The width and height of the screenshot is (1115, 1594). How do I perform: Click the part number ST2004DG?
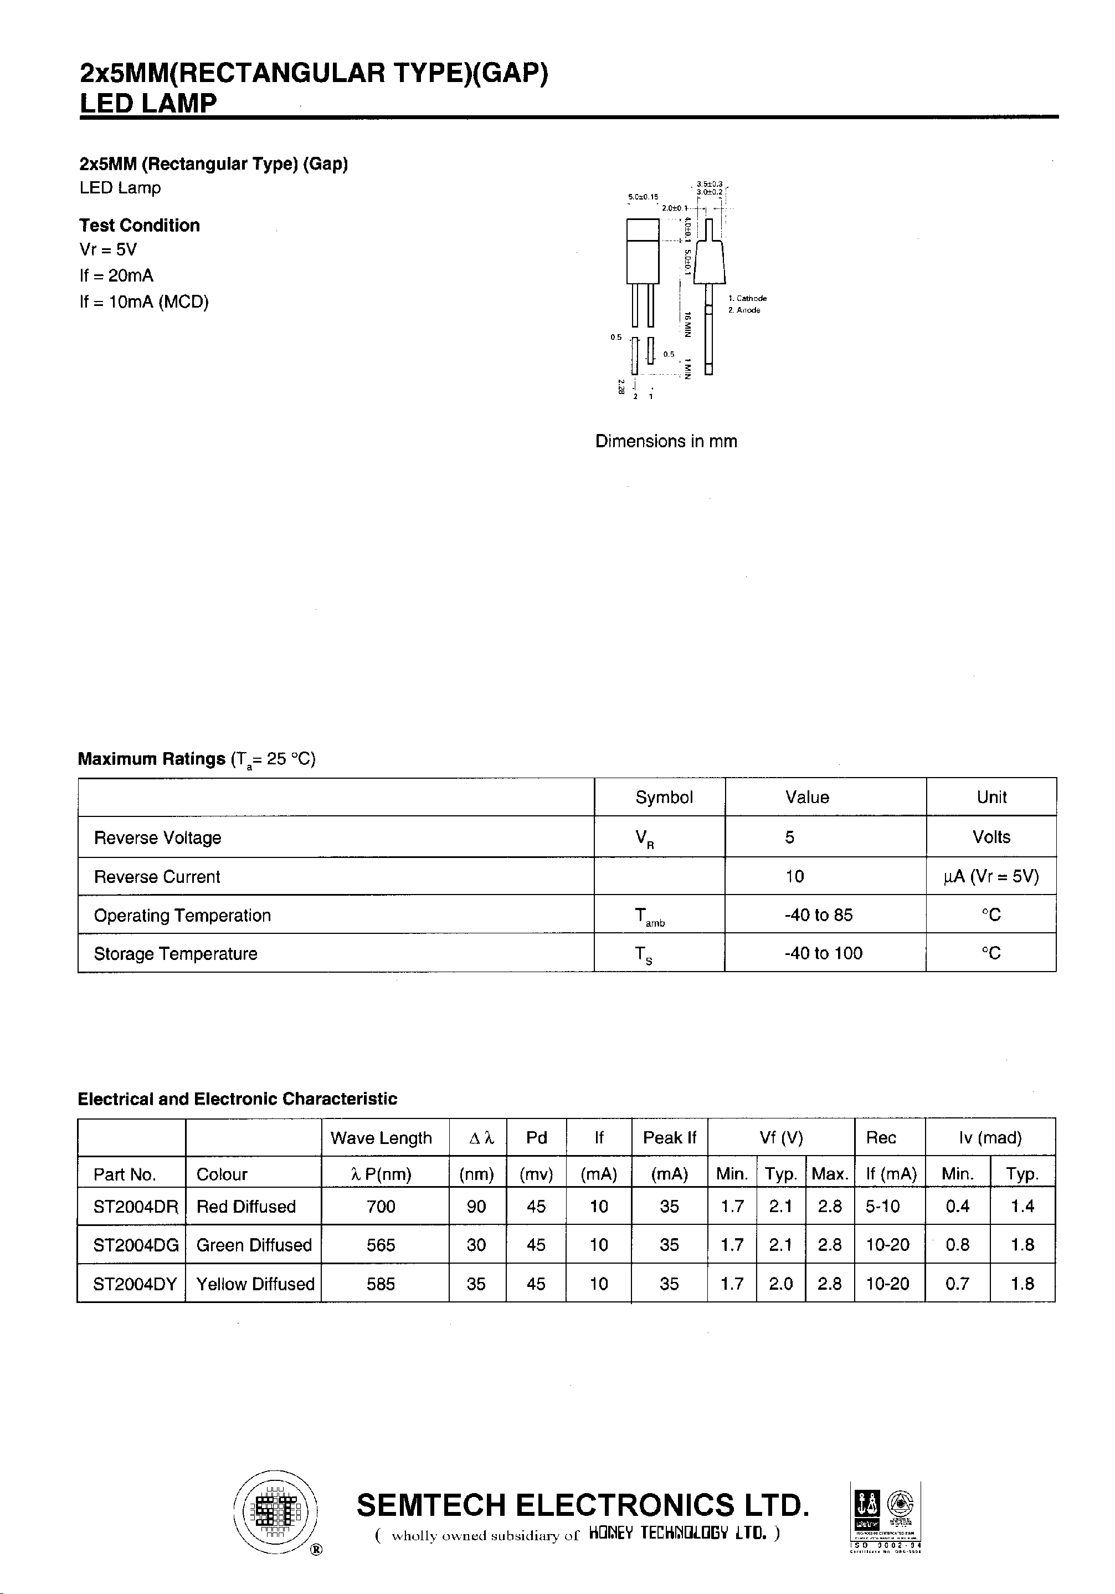tap(136, 1245)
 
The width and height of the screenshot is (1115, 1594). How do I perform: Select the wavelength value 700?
tap(381, 1207)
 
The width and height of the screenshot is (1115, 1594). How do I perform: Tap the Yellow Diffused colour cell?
tap(255, 1284)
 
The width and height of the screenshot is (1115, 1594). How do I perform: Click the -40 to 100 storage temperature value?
tap(823, 953)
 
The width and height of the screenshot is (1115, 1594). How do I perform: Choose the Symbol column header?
tap(664, 797)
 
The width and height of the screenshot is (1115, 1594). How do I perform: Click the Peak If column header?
tap(669, 1138)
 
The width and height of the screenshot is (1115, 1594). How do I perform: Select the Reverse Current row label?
tap(157, 877)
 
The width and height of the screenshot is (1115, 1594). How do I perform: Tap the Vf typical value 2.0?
tap(780, 1284)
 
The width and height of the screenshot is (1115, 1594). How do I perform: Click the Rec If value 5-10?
tap(882, 1207)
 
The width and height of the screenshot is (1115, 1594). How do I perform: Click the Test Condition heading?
tap(140, 226)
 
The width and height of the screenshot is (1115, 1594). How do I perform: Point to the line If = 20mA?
tap(116, 275)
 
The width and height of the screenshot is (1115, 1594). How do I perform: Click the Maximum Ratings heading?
tap(151, 759)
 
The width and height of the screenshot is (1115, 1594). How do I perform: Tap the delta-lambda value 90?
tap(476, 1207)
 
